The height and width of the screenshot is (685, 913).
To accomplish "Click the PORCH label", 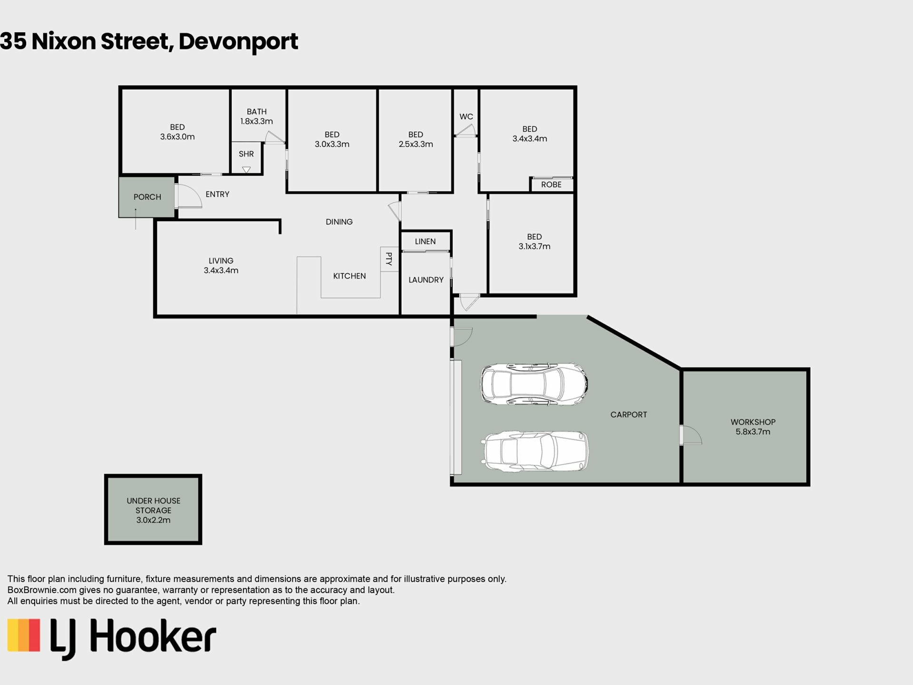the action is [147, 197].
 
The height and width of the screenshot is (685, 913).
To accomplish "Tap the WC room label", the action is [466, 117].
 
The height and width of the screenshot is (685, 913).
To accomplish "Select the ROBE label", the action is [551, 185].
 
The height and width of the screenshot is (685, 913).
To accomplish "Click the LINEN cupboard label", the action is [425, 242].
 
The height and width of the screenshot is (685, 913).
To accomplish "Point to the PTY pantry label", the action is [389, 259].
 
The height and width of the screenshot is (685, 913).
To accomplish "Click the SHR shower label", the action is [246, 154].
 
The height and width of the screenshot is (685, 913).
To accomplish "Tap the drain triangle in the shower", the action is [246, 170].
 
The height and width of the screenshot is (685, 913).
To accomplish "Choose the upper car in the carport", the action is [534, 384].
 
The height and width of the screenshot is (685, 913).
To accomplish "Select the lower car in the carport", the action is [536, 451].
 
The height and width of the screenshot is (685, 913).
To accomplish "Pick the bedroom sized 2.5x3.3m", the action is [416, 139].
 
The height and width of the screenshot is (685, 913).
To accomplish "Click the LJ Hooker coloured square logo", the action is [24, 635].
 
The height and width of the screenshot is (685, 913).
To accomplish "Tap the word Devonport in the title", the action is [238, 42].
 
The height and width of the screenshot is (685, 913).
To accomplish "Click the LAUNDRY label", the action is [426, 280].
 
